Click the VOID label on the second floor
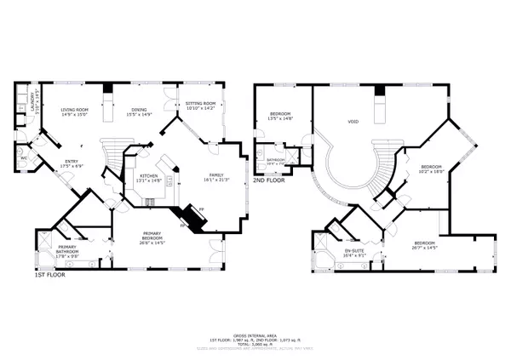point(353,122)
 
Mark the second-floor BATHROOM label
point(275,160)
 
